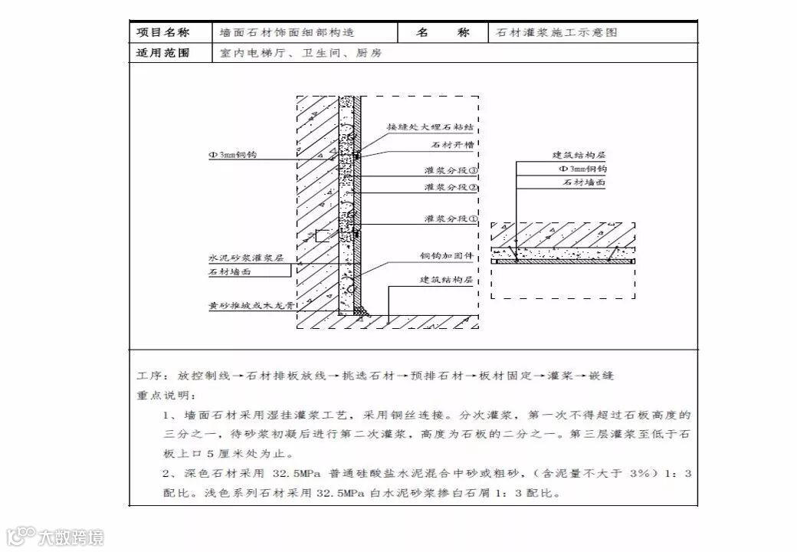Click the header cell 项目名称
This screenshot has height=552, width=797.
(x=162, y=33)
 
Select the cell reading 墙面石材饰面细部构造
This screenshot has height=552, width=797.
(x=287, y=33)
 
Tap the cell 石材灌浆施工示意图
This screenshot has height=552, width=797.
(x=556, y=33)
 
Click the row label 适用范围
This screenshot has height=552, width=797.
(x=162, y=54)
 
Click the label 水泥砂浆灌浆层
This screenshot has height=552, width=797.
(x=246, y=258)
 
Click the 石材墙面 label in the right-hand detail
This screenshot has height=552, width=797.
(x=585, y=183)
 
